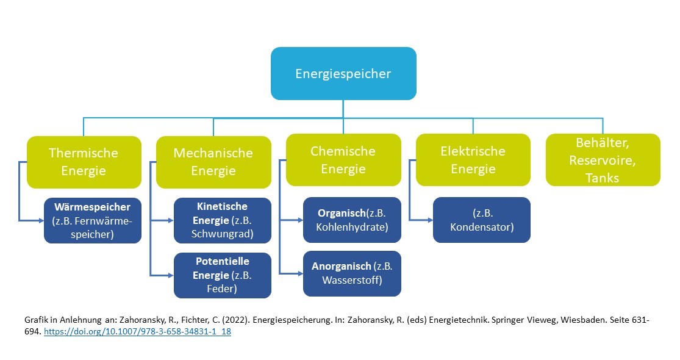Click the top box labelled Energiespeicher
(x=343, y=74)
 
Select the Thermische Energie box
(x=84, y=162)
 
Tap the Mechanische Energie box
(x=213, y=162)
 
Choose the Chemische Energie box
(x=343, y=160)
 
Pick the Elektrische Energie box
(x=473, y=160)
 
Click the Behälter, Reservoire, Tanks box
(x=603, y=160)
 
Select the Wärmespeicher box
(x=92, y=220)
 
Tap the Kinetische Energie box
(x=223, y=220)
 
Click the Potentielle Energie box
(x=223, y=275)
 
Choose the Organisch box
(x=352, y=220)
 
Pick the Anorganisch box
(x=352, y=273)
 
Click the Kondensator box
(x=482, y=220)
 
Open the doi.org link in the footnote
(x=138, y=333)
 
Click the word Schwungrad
(x=223, y=233)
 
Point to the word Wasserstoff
(x=353, y=281)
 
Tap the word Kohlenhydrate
(x=352, y=227)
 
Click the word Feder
(x=223, y=289)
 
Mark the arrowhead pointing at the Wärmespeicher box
(x=40, y=220)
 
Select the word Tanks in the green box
(x=603, y=178)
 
